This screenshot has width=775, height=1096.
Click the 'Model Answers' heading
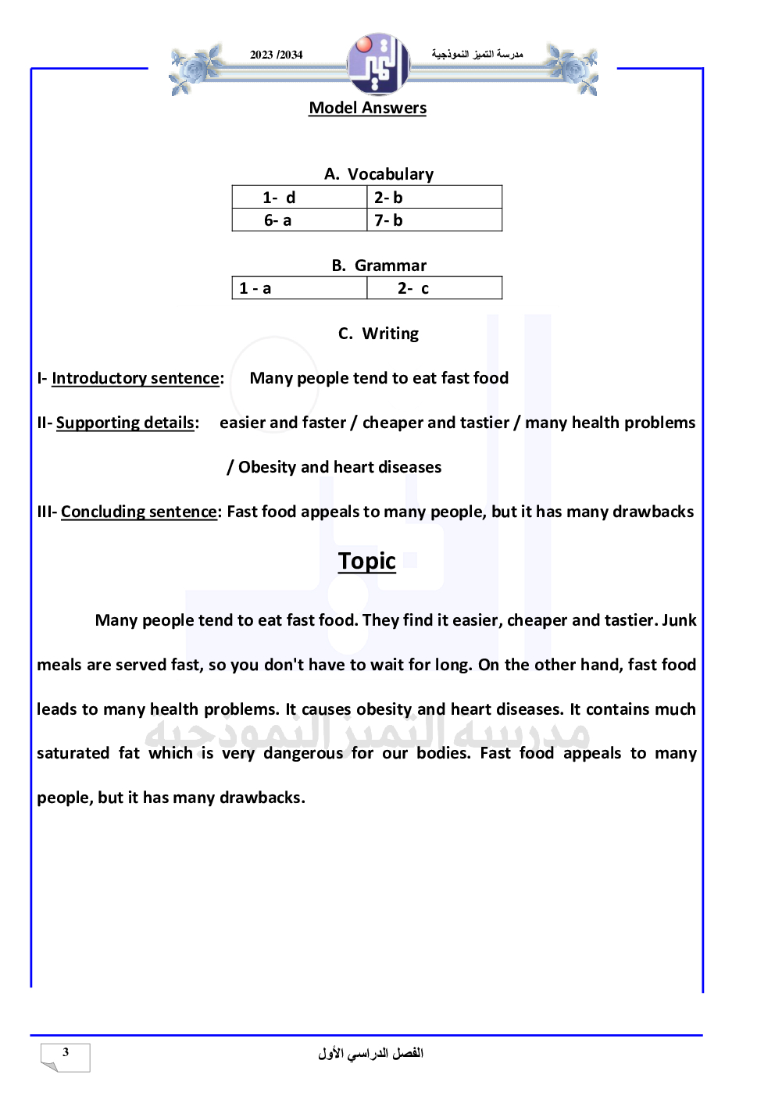click(367, 108)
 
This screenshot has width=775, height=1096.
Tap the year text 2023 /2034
click(276, 55)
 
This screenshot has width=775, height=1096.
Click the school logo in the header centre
click(379, 64)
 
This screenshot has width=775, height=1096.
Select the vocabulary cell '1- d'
click(279, 198)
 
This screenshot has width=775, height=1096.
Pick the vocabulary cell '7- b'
click(388, 220)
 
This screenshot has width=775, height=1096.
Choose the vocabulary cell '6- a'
click(277, 220)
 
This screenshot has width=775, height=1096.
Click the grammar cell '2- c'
click(413, 288)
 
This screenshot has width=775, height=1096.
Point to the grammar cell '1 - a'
click(255, 288)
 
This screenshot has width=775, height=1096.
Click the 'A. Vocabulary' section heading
click(379, 174)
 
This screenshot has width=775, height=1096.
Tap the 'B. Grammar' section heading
click(379, 266)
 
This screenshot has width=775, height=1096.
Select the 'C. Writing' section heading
click(379, 334)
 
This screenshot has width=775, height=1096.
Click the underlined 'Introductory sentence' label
click(135, 378)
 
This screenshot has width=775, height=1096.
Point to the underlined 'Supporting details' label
click(125, 423)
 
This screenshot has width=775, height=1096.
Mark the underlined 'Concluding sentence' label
click(139, 512)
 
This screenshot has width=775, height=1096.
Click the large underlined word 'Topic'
click(367, 561)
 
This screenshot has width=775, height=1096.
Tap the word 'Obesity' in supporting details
click(266, 467)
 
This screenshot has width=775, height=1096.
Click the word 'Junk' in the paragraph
click(679, 620)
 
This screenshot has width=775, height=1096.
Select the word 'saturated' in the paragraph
click(73, 753)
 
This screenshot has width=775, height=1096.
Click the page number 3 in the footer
click(66, 1052)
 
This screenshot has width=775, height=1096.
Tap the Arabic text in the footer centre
click(370, 1053)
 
